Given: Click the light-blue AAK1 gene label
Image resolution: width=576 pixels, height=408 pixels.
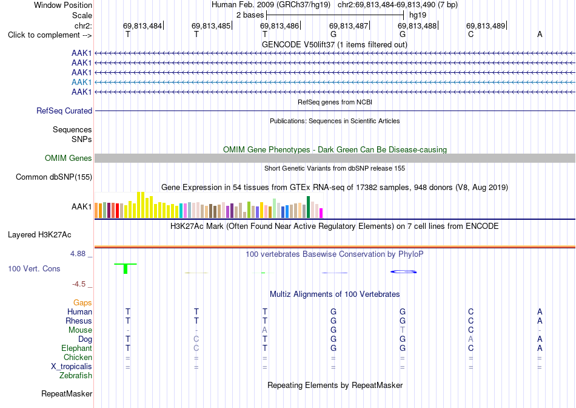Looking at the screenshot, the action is click(x=82, y=82).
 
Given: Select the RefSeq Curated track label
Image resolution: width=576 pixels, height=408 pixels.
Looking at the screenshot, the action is click(x=64, y=110).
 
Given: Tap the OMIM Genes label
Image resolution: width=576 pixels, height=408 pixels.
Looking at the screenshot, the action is click(x=69, y=158).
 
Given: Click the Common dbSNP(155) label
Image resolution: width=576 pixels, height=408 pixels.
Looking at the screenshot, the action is click(x=54, y=177).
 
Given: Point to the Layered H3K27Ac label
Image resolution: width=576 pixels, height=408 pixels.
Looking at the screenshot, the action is click(x=39, y=235).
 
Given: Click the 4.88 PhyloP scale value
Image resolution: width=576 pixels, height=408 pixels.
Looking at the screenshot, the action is click(x=78, y=254).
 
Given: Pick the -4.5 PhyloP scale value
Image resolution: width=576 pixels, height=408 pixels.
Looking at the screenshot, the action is click(x=79, y=284).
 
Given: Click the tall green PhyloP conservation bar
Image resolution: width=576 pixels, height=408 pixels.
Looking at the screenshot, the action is click(x=126, y=268).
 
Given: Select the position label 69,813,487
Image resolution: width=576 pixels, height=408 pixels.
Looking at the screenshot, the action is click(x=349, y=25).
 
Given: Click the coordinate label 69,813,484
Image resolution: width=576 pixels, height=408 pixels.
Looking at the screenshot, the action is click(x=142, y=25).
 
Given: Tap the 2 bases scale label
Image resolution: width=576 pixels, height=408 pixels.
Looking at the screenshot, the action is click(x=250, y=15).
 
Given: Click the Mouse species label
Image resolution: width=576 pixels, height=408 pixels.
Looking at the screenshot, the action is click(x=80, y=330).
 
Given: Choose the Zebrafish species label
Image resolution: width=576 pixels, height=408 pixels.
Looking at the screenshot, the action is click(x=76, y=376).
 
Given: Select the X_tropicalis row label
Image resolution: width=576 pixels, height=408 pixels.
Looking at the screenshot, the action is click(x=72, y=367).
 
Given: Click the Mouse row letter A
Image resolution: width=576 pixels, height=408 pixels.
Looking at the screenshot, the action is click(x=264, y=330).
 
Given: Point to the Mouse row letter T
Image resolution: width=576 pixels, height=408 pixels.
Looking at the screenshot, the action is click(x=402, y=330).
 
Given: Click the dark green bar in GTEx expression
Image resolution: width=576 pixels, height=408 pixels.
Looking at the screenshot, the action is click(x=308, y=207).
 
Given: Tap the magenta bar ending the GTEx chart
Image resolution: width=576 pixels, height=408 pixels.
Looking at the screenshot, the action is click(x=321, y=213).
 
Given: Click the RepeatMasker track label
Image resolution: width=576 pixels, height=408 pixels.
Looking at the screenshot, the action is click(x=67, y=393).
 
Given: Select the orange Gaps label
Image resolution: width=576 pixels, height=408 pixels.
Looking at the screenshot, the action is click(x=82, y=302).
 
